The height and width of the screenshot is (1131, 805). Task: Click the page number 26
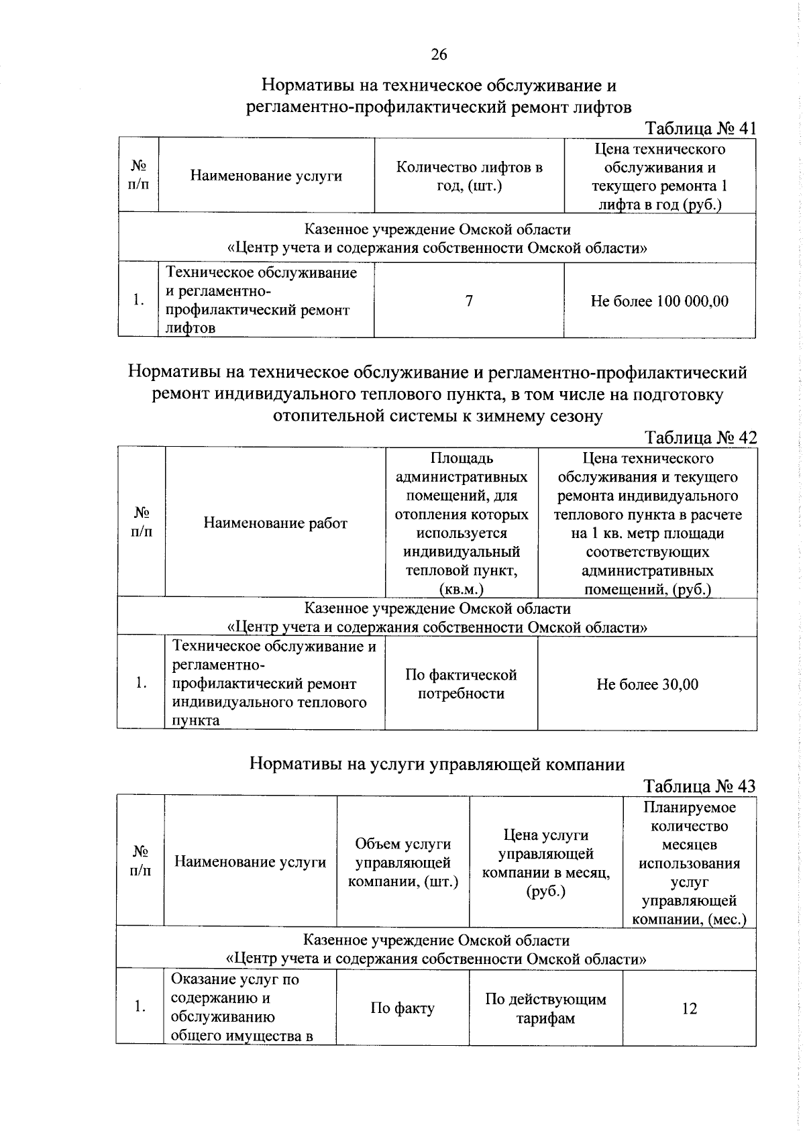coord(439,54)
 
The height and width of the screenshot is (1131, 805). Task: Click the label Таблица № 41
coord(700,128)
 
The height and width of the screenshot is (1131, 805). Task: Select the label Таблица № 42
coord(700,437)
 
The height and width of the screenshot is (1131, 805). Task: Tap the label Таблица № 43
coord(699,786)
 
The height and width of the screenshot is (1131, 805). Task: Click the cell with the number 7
coord(469,301)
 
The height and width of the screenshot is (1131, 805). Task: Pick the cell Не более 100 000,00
coord(659,301)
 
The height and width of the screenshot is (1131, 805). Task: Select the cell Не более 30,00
coord(647,684)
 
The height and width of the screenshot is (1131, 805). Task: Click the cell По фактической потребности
coord(461,684)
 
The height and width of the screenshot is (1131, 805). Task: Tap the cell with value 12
coord(689,1008)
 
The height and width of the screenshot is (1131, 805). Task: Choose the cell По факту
coord(402,1008)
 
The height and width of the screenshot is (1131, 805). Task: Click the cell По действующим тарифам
coord(545,1008)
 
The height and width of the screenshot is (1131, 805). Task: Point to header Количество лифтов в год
coord(469,176)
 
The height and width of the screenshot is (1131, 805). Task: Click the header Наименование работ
coord(275,523)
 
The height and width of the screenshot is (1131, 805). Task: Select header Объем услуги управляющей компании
coord(402,862)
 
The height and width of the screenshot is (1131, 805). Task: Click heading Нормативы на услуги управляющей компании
coord(437,764)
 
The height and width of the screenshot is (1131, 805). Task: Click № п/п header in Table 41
coord(139,175)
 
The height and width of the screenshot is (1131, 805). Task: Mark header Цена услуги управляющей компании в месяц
coord(545,862)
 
